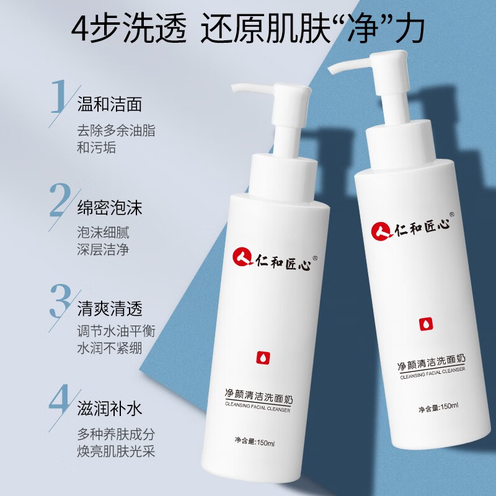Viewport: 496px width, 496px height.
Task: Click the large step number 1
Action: point(59,96)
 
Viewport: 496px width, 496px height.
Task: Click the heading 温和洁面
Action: point(109,104)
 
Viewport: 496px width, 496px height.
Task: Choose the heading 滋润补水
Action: point(109,410)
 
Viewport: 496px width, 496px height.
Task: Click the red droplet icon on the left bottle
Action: point(260,358)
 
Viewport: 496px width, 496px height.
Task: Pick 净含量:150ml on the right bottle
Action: point(438,407)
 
